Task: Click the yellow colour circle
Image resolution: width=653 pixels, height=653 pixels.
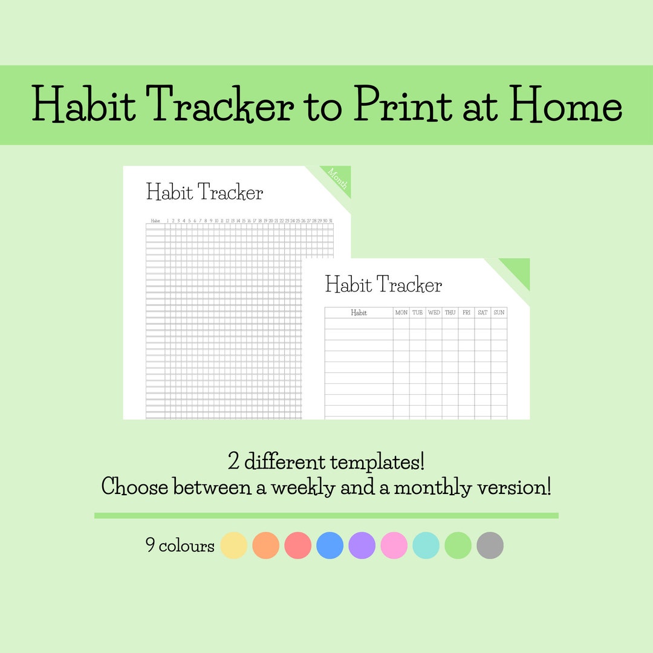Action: tap(233, 545)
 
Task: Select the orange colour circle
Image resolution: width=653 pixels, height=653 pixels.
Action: tap(265, 545)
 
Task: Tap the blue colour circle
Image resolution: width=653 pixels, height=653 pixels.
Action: tap(330, 545)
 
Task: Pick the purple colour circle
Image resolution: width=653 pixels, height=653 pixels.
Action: tap(362, 545)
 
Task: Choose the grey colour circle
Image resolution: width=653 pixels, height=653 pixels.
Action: tap(490, 545)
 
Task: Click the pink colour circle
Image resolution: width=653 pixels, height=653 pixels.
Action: tap(394, 545)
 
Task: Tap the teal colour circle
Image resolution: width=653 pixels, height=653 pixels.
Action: tap(426, 545)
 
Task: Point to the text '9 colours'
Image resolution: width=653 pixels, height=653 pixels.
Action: tap(180, 546)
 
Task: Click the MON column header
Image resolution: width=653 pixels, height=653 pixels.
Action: tap(401, 313)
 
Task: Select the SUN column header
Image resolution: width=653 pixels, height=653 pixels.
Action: tap(499, 313)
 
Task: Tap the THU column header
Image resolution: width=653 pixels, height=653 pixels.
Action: tap(450, 313)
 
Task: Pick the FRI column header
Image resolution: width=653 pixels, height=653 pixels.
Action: tap(466, 313)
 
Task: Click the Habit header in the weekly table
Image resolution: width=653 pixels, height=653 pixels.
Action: tap(359, 313)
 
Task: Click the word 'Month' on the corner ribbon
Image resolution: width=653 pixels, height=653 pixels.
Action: tap(337, 179)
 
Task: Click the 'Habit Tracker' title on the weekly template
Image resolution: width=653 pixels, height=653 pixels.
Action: tap(383, 284)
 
